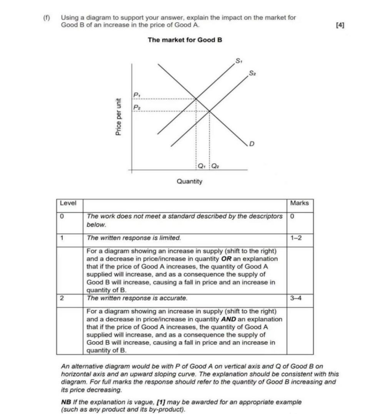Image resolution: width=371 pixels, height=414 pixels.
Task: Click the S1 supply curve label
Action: pyautogui.click(x=238, y=60)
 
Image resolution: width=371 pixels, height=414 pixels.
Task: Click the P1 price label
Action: pyautogui.click(x=137, y=94)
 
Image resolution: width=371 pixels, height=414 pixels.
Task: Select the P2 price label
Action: pyautogui.click(x=137, y=107)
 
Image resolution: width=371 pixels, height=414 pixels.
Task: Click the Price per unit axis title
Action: pyautogui.click(x=119, y=117)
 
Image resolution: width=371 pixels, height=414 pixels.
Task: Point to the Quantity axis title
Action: pyautogui.click(x=189, y=181)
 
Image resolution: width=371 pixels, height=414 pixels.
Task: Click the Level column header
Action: pyautogui.click(x=68, y=203)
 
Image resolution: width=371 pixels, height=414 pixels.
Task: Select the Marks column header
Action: pyautogui.click(x=299, y=203)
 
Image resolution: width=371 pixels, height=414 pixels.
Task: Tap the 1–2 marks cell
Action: pyautogui.click(x=298, y=238)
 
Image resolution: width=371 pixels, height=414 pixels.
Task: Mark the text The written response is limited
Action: pyautogui.click(x=134, y=238)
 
